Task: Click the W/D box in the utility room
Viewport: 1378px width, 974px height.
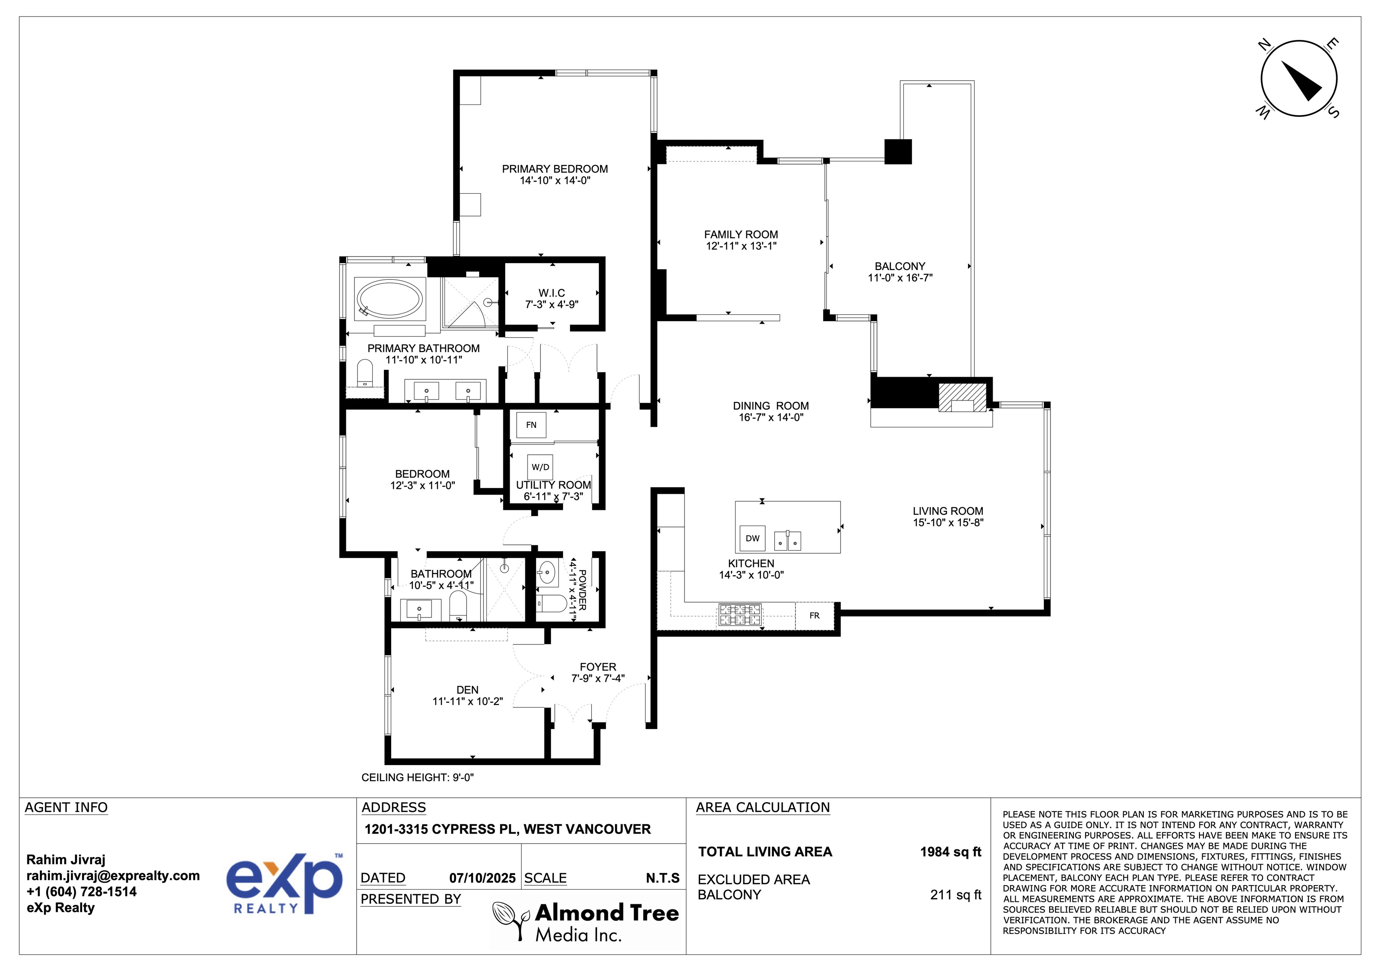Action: [540, 467]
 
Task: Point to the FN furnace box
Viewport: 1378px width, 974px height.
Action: [531, 425]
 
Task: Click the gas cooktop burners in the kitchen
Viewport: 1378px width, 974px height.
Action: [740, 615]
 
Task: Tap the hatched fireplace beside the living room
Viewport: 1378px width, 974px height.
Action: [962, 398]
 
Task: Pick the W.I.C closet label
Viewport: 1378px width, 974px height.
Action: [552, 293]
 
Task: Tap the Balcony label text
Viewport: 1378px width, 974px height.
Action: [900, 266]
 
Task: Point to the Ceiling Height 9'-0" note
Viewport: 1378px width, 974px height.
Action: [417, 778]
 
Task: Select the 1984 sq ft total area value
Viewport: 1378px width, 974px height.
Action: [950, 852]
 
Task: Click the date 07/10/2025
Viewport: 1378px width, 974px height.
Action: [482, 878]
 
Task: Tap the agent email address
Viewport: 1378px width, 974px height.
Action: [113, 876]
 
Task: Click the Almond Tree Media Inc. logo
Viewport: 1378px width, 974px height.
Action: [586, 922]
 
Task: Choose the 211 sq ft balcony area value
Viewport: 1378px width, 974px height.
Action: [955, 895]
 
